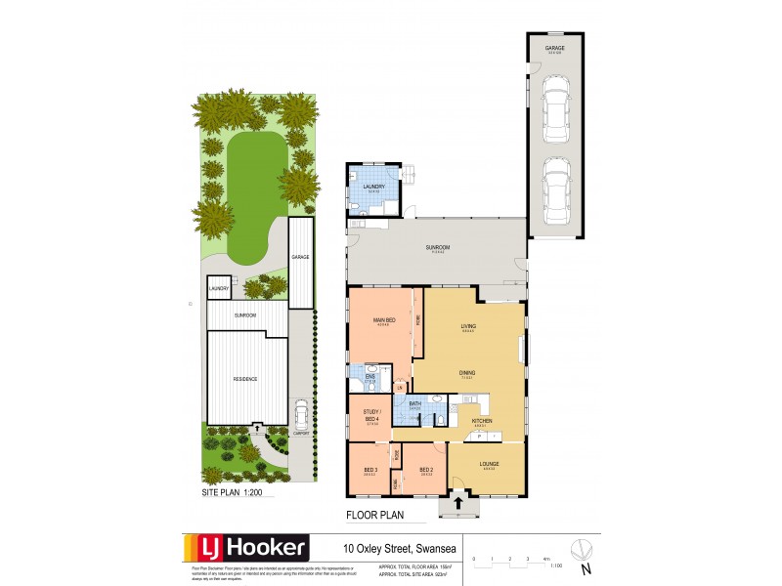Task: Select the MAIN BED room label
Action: [383, 320]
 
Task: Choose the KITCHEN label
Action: [481, 421]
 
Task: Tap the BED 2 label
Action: [425, 470]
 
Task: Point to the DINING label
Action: [468, 371]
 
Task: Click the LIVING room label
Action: [468, 327]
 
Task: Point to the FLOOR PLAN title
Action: [375, 514]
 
